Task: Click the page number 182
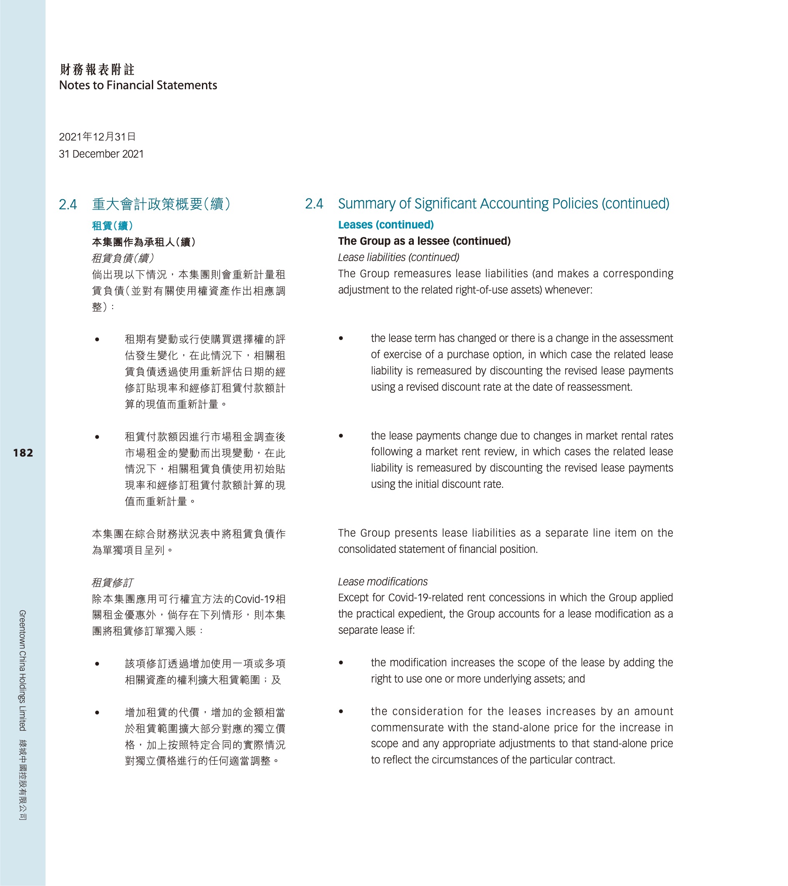click(23, 453)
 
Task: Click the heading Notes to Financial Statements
click(138, 85)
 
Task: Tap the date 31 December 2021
click(101, 154)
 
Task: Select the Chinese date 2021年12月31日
click(97, 137)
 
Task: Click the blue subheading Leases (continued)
click(385, 225)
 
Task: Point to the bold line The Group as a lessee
click(424, 241)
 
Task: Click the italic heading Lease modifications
click(383, 582)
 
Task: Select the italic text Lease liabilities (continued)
click(398, 258)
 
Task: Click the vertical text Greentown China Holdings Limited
click(23, 670)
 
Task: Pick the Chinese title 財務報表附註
click(97, 69)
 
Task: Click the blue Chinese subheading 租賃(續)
click(112, 226)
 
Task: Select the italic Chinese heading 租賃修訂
click(112, 582)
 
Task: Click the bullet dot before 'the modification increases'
click(341, 663)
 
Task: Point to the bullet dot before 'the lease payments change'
click(341, 436)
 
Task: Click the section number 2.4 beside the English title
click(314, 204)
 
